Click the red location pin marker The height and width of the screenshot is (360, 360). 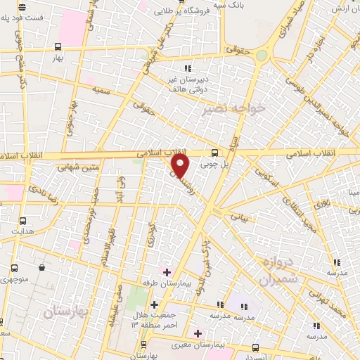click(x=180, y=166)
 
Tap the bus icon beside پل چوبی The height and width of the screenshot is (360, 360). click(x=214, y=152)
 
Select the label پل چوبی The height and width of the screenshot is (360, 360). click(x=215, y=165)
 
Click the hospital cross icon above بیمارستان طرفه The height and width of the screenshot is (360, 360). click(x=167, y=271)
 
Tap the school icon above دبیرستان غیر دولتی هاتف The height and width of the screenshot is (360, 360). click(x=188, y=67)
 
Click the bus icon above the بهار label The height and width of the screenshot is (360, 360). click(x=58, y=46)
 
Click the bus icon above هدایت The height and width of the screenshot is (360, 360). click(x=23, y=220)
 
